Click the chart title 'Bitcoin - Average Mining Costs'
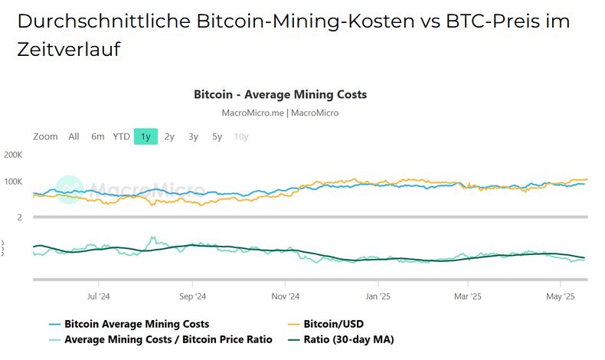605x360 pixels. [x=280, y=95]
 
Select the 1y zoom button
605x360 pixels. [x=145, y=136]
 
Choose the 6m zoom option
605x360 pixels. [x=97, y=136]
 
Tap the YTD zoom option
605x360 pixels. [x=121, y=136]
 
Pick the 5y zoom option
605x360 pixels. [x=217, y=136]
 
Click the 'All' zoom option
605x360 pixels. [x=74, y=136]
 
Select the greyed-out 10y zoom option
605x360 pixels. [x=241, y=136]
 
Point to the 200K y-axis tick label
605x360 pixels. [x=13, y=155]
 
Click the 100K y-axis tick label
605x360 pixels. [x=13, y=182]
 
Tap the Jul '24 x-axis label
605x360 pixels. [x=98, y=296]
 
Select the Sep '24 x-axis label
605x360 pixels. [x=193, y=296]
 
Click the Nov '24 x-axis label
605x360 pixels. [x=285, y=296]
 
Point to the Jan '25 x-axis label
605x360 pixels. [x=378, y=296]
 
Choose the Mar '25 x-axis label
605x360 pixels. [x=467, y=296]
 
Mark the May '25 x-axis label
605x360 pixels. [x=561, y=296]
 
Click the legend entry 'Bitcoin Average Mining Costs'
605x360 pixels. [x=136, y=324]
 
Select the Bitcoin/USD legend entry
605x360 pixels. [x=332, y=324]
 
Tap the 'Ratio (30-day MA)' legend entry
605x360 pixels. [x=348, y=339]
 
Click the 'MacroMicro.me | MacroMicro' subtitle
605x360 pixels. [x=280, y=113]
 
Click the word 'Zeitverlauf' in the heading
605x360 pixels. [x=68, y=50]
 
